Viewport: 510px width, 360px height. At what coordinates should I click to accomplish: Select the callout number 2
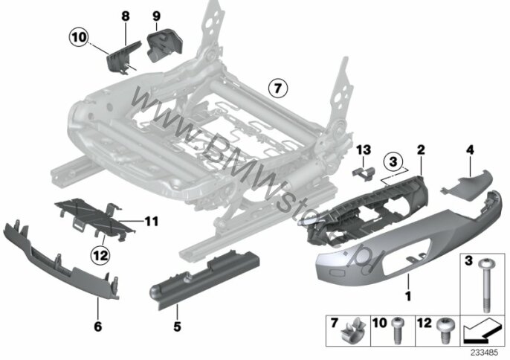421,150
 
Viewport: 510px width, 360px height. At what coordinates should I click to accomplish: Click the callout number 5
176,325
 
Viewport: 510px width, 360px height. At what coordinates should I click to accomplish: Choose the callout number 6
99,325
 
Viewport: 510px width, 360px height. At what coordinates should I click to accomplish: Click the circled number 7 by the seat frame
277,89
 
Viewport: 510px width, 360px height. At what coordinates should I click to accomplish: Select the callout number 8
124,15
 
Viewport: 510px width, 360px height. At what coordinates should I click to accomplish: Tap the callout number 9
156,15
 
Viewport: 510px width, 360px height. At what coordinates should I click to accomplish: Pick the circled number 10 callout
78,35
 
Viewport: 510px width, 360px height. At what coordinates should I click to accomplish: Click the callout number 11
152,220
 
